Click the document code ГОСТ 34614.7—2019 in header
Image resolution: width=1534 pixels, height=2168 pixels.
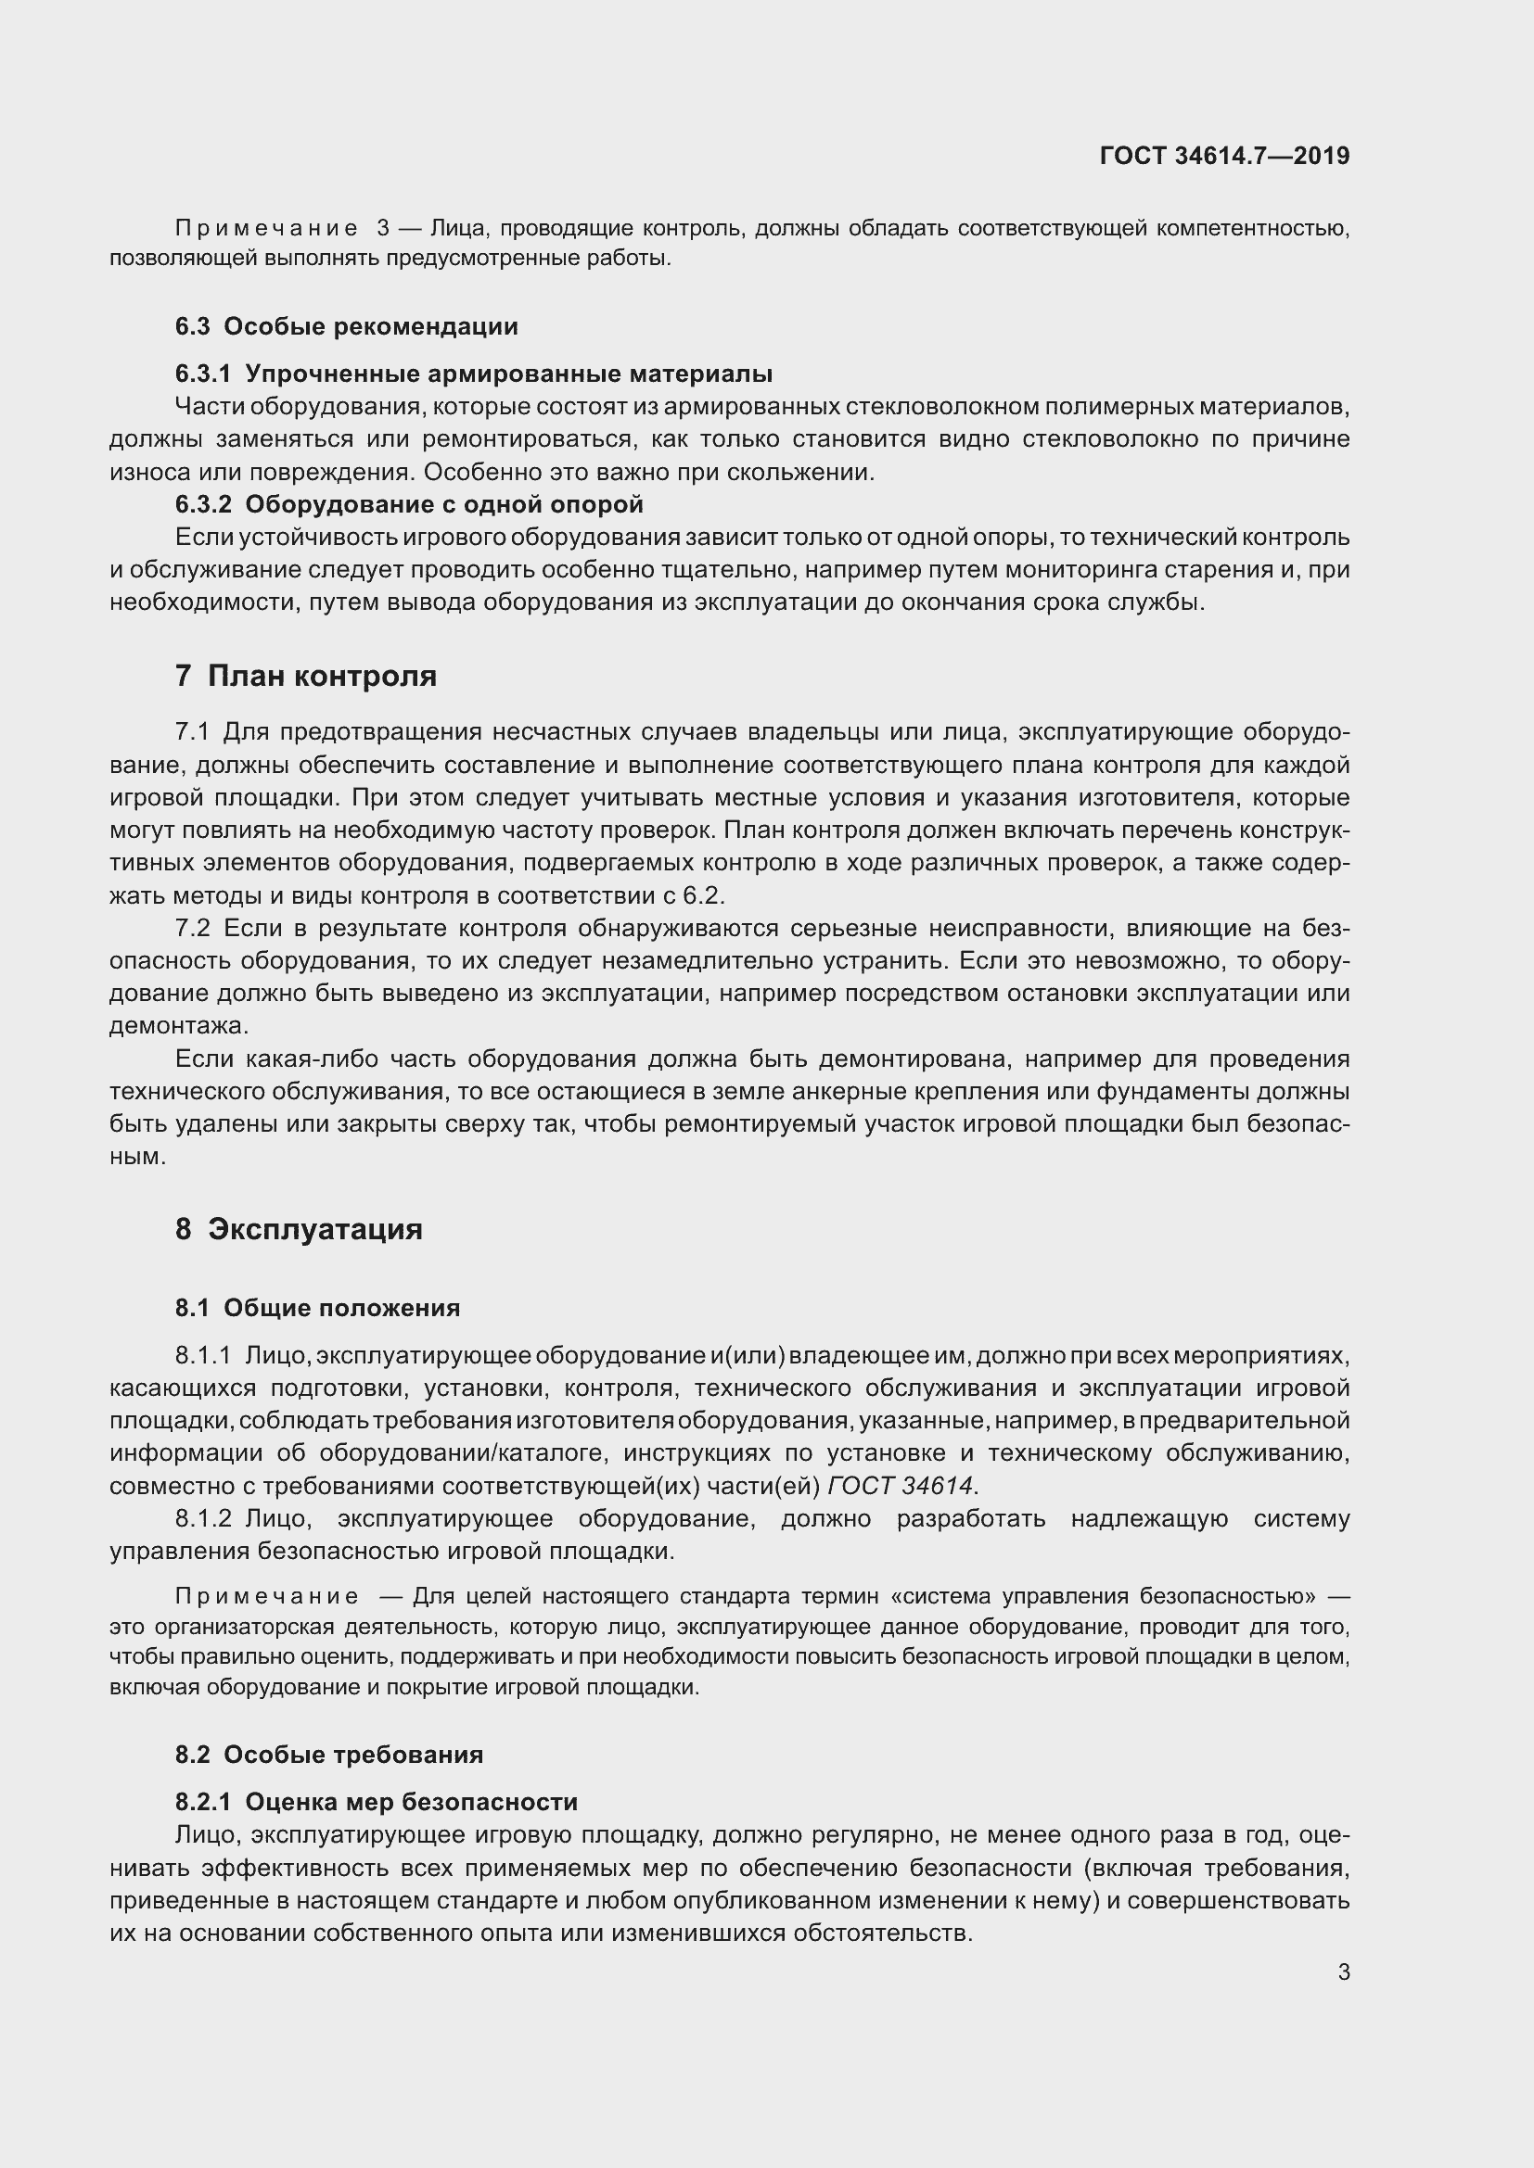point(1224,156)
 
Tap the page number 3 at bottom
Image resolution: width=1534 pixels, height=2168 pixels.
point(1343,1972)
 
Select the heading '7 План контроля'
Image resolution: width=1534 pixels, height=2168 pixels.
point(305,676)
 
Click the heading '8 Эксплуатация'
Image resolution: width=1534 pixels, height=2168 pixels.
point(299,1229)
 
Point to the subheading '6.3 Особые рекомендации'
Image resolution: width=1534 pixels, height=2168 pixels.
point(347,326)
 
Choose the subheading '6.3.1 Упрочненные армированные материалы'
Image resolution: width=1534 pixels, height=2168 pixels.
point(473,374)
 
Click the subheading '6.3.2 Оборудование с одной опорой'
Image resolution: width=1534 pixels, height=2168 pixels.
point(409,504)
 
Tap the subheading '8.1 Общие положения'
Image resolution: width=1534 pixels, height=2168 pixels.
point(317,1308)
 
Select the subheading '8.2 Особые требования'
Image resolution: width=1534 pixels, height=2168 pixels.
point(328,1755)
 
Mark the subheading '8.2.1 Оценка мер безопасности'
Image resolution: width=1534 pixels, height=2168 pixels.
point(376,1802)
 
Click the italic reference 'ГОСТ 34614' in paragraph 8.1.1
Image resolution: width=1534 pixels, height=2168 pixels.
point(900,1486)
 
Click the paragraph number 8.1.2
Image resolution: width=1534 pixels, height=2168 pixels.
point(203,1519)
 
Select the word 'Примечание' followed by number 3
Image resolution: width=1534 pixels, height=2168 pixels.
point(266,229)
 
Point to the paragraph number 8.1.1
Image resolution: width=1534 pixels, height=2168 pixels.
point(203,1356)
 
